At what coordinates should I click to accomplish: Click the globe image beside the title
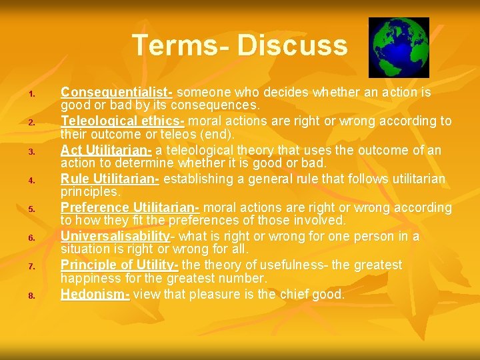399,47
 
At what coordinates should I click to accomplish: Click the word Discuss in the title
292,45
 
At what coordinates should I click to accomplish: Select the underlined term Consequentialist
117,93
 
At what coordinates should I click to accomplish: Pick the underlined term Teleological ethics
124,121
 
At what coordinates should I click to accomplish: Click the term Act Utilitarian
107,150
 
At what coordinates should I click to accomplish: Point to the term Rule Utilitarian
110,179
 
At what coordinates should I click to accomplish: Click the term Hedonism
95,293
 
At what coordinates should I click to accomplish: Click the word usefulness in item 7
301,265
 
